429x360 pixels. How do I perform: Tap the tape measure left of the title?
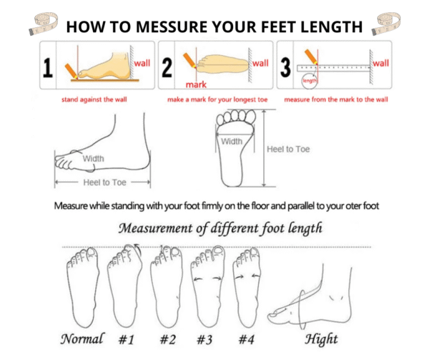pyautogui.click(x=44, y=24)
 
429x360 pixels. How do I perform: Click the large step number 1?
pyautogui.click(x=48, y=68)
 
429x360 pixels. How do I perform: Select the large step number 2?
pyautogui.click(x=167, y=67)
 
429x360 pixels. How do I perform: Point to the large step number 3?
pyautogui.click(x=285, y=67)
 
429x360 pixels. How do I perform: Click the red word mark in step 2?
pyautogui.click(x=196, y=84)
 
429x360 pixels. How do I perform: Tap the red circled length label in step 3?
pyautogui.click(x=310, y=80)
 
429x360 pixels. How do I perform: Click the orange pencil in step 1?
pyautogui.click(x=71, y=72)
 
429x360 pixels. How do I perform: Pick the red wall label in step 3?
pyautogui.click(x=381, y=63)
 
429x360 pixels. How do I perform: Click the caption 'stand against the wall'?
pyautogui.click(x=94, y=99)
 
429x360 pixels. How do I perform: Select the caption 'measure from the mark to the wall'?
pyautogui.click(x=336, y=99)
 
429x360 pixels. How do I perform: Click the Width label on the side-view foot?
pyautogui.click(x=93, y=158)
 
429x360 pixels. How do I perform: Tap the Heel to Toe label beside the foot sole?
pyautogui.click(x=288, y=149)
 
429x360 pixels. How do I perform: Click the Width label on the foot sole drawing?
pyautogui.click(x=232, y=142)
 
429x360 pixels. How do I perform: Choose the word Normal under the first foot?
pyautogui.click(x=82, y=339)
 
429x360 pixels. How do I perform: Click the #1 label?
pyautogui.click(x=127, y=339)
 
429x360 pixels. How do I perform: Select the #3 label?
pyautogui.click(x=204, y=339)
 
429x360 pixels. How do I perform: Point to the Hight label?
pyautogui.click(x=321, y=339)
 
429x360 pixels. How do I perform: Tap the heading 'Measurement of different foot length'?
pyautogui.click(x=220, y=228)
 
